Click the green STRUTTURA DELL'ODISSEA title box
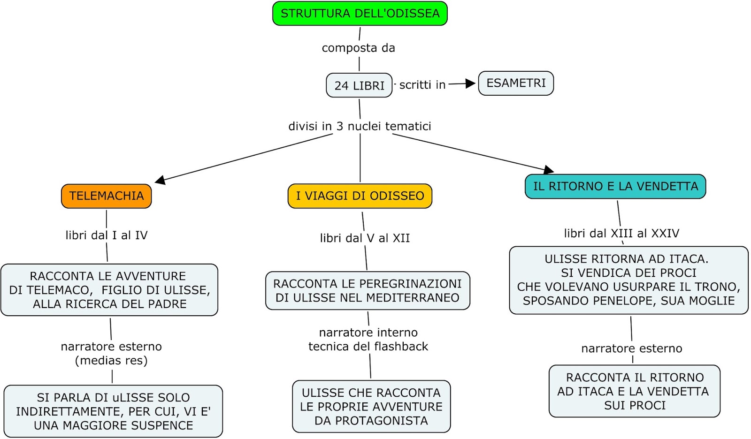click(x=360, y=14)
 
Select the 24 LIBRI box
click(x=359, y=85)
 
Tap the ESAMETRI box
click(x=516, y=83)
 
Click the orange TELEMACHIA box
click(x=107, y=196)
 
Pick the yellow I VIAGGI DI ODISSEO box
click(x=360, y=196)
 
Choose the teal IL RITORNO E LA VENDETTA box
click(x=615, y=187)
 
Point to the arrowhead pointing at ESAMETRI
click(x=470, y=83)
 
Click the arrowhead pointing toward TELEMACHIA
click(x=160, y=180)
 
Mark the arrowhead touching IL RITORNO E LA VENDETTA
click(x=549, y=169)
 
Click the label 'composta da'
click(x=358, y=48)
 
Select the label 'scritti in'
click(x=422, y=85)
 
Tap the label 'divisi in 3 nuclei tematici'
click(x=360, y=126)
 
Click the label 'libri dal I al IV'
click(x=107, y=235)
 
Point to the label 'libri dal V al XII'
click(x=365, y=238)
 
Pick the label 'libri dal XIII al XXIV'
click(x=621, y=234)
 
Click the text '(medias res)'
click(x=111, y=361)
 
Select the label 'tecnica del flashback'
click(x=368, y=347)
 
